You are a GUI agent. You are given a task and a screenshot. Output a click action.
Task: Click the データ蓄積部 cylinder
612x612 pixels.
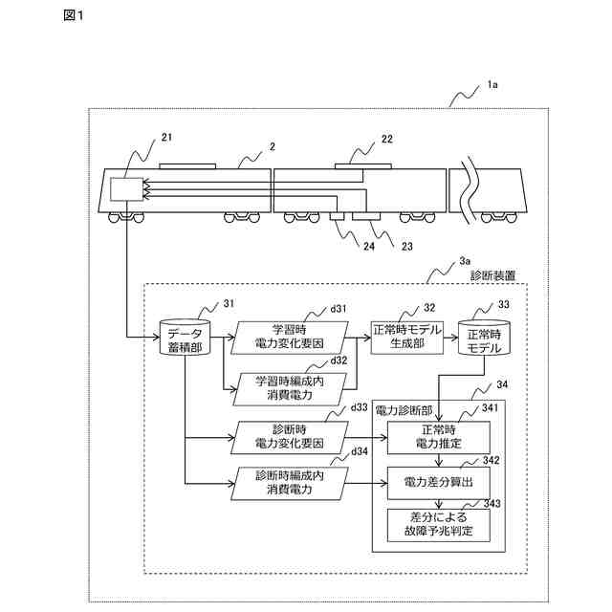click(x=185, y=338)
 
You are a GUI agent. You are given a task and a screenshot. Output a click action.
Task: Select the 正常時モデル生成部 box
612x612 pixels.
click(x=407, y=338)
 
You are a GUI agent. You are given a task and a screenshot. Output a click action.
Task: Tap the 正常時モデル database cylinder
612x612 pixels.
click(x=484, y=338)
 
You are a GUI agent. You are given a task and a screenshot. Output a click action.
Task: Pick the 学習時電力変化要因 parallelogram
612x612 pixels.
click(x=289, y=338)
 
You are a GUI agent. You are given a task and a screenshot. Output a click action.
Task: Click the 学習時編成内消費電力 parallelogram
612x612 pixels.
click(x=289, y=389)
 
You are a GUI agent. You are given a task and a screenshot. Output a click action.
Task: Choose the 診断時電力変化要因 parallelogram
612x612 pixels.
click(x=289, y=437)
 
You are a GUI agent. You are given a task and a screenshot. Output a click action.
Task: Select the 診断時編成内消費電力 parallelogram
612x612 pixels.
click(x=289, y=483)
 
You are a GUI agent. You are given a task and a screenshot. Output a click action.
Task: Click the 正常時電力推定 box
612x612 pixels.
click(x=439, y=437)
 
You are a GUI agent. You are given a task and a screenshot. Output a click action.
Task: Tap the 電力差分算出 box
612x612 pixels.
click(x=439, y=482)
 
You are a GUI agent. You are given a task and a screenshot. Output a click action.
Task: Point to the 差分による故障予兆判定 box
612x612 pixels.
click(x=439, y=525)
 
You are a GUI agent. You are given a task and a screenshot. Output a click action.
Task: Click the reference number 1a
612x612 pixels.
click(x=492, y=85)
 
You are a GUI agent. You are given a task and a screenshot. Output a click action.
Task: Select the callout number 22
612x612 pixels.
click(x=386, y=139)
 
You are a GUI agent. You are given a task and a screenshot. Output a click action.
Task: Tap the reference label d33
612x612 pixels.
click(x=360, y=407)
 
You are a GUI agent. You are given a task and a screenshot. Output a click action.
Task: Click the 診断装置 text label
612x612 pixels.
click(x=492, y=276)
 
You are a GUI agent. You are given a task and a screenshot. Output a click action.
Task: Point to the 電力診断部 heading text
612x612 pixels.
click(x=404, y=410)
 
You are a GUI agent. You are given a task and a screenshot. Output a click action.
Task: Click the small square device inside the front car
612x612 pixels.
click(x=126, y=189)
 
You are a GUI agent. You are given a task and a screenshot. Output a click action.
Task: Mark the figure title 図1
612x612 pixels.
click(x=74, y=15)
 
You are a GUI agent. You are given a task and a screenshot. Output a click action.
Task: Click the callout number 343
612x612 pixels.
click(x=492, y=504)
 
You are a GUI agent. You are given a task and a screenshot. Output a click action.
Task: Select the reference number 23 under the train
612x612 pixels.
click(x=407, y=247)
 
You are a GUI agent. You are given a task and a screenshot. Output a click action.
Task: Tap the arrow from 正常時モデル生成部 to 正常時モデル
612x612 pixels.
click(x=450, y=338)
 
